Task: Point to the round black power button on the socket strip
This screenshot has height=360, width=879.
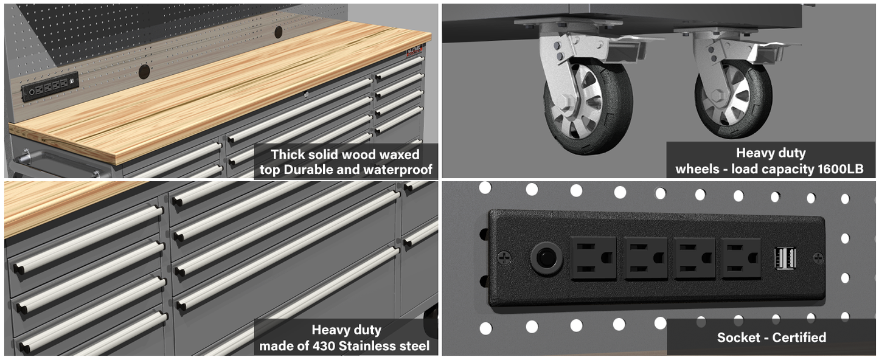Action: (x=546, y=258)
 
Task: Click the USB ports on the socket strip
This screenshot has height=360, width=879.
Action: (x=785, y=258)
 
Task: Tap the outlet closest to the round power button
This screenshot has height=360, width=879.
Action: (x=593, y=258)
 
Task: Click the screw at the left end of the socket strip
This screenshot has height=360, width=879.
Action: (x=504, y=258)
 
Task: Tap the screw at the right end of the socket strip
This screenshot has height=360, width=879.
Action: (x=818, y=258)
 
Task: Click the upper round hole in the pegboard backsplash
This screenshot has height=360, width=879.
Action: (x=278, y=32)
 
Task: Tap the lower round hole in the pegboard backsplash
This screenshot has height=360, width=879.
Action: (x=144, y=71)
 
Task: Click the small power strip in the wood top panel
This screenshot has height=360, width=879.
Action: (x=50, y=87)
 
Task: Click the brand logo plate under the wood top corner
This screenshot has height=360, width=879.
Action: (x=414, y=51)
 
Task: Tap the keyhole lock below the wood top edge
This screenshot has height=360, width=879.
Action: (x=306, y=94)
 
